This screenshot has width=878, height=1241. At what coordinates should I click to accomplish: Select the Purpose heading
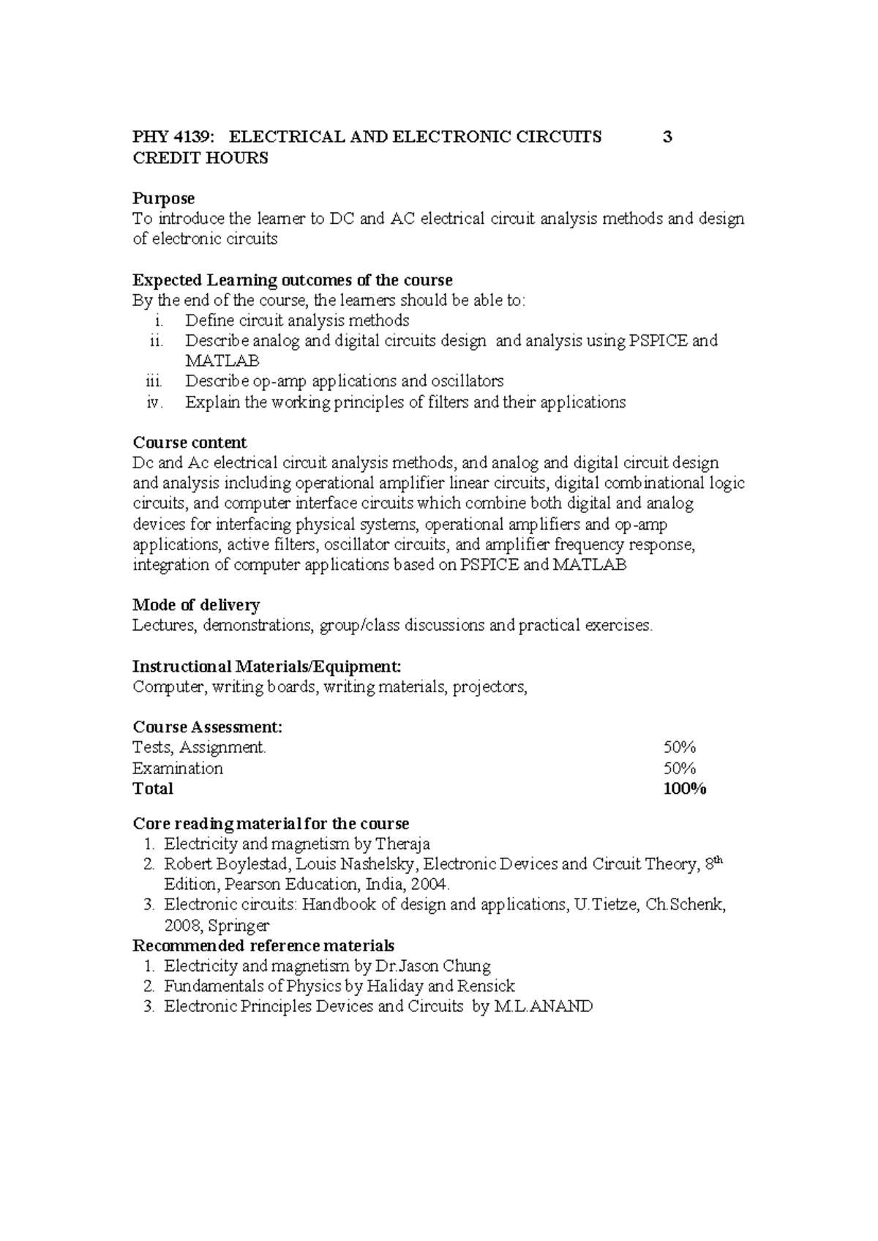point(163,198)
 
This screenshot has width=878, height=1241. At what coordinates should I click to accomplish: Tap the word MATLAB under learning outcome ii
point(222,361)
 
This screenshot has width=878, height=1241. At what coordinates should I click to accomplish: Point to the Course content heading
point(190,443)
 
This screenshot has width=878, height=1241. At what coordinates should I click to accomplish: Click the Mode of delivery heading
point(196,605)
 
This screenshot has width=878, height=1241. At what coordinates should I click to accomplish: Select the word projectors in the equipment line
point(489,687)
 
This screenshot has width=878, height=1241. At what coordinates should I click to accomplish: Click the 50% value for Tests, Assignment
point(679,747)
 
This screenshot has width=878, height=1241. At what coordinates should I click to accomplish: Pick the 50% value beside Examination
point(679,768)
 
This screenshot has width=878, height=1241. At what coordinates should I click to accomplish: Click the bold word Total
point(153,788)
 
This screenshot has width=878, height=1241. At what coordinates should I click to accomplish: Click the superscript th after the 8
point(718,860)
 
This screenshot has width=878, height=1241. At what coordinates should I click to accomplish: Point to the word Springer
point(239,926)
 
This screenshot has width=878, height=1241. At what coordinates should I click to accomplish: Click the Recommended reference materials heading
point(263,945)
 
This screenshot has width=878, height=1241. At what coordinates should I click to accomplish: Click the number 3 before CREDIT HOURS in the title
point(667,137)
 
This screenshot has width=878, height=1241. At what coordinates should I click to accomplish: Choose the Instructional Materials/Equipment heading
point(266,667)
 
